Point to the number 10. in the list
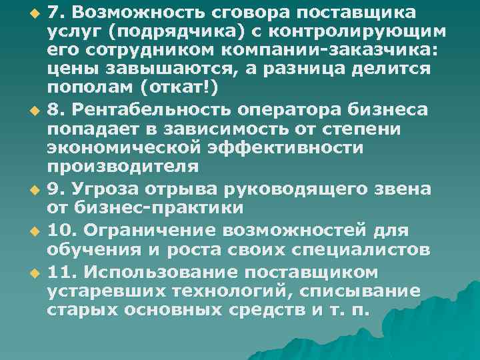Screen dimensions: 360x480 [61, 231]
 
